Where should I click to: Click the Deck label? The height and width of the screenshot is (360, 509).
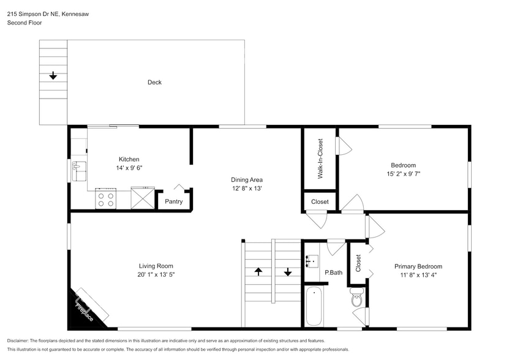pyautogui.click(x=154, y=83)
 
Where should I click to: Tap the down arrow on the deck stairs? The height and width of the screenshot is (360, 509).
pyautogui.click(x=53, y=76)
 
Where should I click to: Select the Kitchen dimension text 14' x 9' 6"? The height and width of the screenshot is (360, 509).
pyautogui.click(x=129, y=168)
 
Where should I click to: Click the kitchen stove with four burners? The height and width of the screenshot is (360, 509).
pyautogui.click(x=105, y=199)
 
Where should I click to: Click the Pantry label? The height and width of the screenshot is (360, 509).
pyautogui.click(x=173, y=201)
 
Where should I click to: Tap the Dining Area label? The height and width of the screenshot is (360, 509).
pyautogui.click(x=246, y=180)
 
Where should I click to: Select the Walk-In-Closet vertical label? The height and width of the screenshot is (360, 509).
pyautogui.click(x=320, y=159)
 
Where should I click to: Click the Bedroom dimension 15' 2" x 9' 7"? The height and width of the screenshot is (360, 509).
pyautogui.click(x=403, y=174)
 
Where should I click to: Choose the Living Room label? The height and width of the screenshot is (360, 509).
pyautogui.click(x=156, y=266)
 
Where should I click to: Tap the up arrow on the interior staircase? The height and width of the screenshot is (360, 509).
pyautogui.click(x=258, y=271)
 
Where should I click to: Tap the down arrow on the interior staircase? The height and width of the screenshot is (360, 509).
pyautogui.click(x=288, y=271)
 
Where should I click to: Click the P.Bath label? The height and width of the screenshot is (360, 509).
pyautogui.click(x=333, y=272)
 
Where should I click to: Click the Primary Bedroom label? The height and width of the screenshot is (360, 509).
pyautogui.click(x=418, y=266)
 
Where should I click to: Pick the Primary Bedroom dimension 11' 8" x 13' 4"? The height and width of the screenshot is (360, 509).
pyautogui.click(x=418, y=275)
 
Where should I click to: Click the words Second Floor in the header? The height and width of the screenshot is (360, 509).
pyautogui.click(x=23, y=23)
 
